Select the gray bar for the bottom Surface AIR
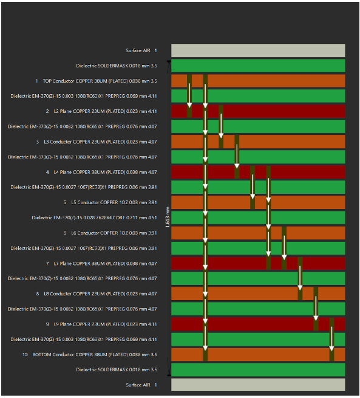258,385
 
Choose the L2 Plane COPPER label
101,111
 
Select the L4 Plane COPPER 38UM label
101,172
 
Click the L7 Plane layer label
101,263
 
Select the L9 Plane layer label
101,324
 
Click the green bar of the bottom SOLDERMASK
258,369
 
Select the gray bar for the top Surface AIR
258,50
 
